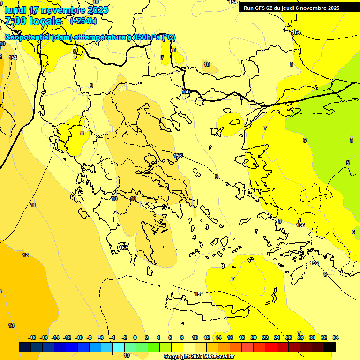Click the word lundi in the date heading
click(x=15, y=10)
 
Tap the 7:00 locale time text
click(x=33, y=21)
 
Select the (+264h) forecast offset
click(x=83, y=21)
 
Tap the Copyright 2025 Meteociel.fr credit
click(x=199, y=357)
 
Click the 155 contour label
click(x=186, y=91)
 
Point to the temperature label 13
click(x=11, y=325)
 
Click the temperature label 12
click(x=25, y=255)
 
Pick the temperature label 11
click(x=33, y=205)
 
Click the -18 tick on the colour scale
click(x=32, y=337)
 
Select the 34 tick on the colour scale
click(x=336, y=337)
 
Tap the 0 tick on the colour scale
click(x=135, y=337)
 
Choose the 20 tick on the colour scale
click(x=254, y=337)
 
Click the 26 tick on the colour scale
click(x=289, y=337)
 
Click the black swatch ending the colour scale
click(x=330, y=347)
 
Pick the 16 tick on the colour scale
click(x=230, y=337)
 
